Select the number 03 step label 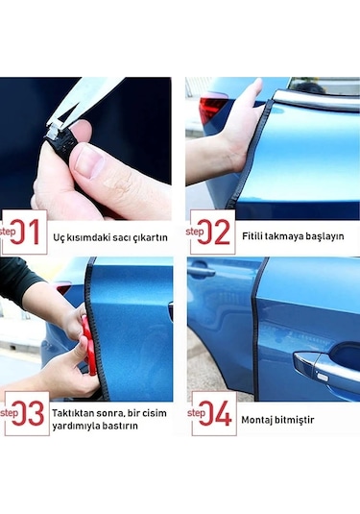29,414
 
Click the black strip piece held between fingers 65,145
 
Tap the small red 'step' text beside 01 8,232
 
